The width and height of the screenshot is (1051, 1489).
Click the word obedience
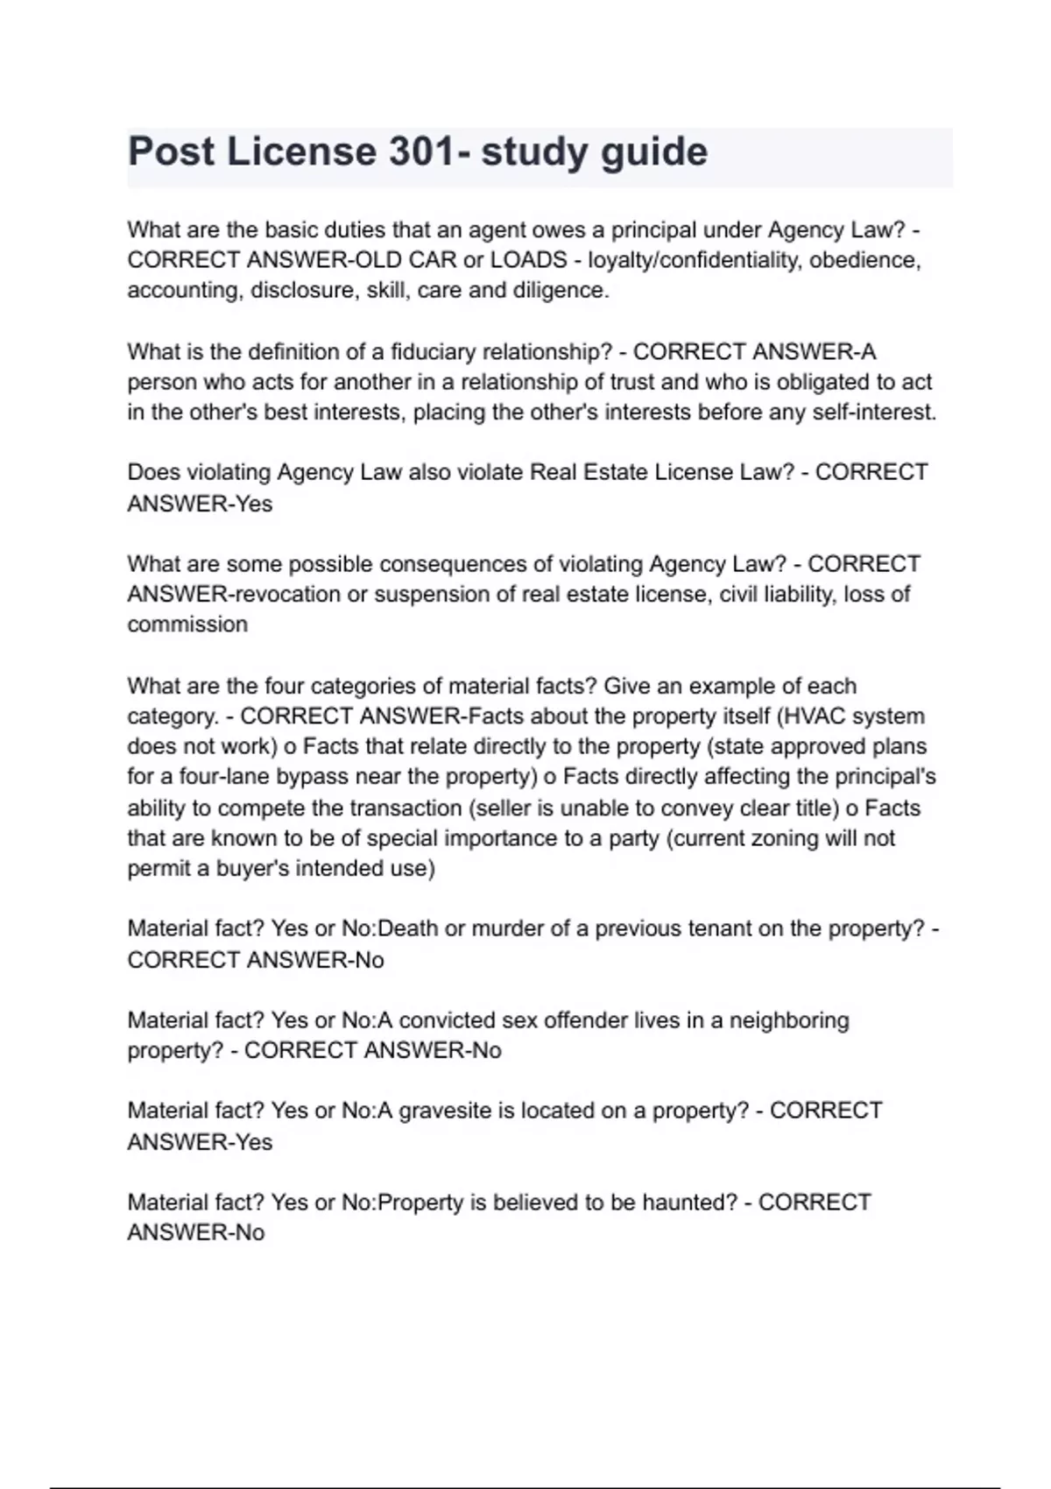click(x=862, y=260)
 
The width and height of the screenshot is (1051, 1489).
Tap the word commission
click(x=187, y=625)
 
